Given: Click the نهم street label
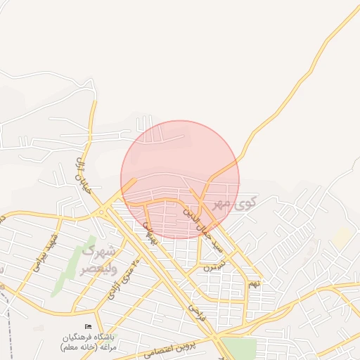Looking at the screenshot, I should click(x=255, y=283).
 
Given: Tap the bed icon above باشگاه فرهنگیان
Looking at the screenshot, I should click(x=88, y=326).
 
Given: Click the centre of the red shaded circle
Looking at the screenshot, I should click(x=180, y=179).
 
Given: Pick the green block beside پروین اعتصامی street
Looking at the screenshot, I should click(x=239, y=349).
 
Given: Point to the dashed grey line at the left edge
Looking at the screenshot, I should click(x=8, y=316).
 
